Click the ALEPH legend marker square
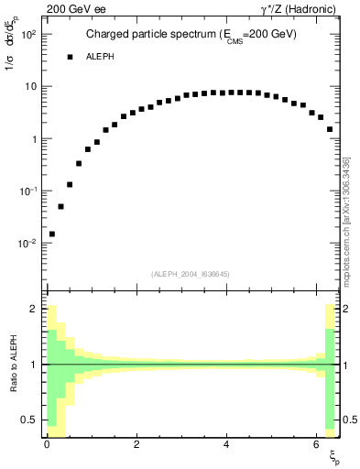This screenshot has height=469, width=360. pos(69,57)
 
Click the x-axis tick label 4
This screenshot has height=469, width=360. pos(225,446)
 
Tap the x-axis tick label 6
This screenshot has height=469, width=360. pos(315,446)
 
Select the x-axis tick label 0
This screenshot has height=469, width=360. pos(46,446)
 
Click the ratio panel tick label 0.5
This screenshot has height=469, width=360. pos(30,420)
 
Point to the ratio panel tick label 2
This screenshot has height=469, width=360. pos(34,310)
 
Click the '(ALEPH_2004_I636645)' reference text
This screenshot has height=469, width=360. pos(190,274)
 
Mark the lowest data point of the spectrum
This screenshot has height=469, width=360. pos(52,234)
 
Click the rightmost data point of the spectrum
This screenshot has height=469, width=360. pos(330,129)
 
